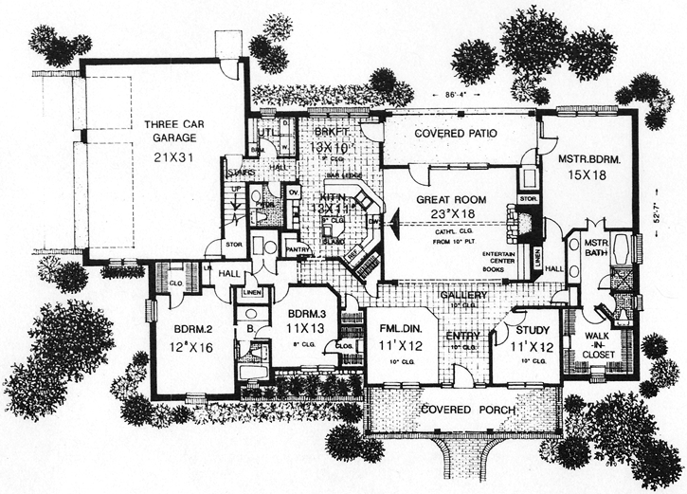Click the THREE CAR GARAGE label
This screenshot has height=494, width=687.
click(171, 130)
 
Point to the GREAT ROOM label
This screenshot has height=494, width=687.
click(451, 200)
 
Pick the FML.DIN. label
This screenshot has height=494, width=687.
click(401, 330)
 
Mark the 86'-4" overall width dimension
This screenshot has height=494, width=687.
click(459, 96)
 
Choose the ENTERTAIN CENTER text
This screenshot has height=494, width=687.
click(501, 259)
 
